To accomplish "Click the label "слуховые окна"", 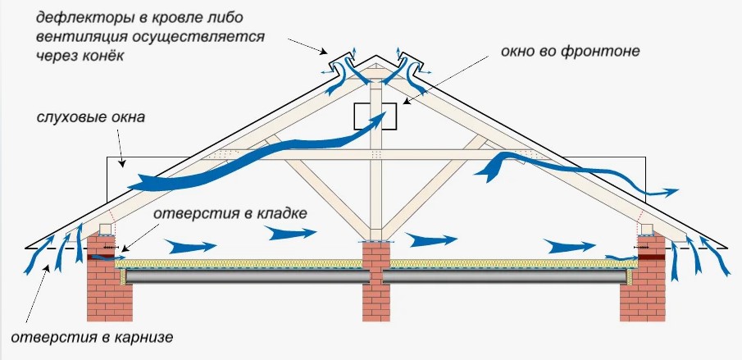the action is (x=91, y=117).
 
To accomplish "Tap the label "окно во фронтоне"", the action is (x=570, y=51).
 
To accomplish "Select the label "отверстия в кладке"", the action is (x=230, y=214).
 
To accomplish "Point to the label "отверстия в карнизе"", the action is (x=92, y=338).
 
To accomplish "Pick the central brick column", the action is (x=376, y=281).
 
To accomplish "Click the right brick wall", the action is (x=643, y=279).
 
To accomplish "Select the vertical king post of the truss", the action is (x=376, y=161).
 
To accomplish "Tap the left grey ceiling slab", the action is (x=247, y=276).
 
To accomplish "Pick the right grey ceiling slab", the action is (x=505, y=276).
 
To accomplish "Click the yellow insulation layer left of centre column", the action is (x=239, y=264).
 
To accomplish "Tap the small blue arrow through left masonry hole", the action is (x=105, y=257).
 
